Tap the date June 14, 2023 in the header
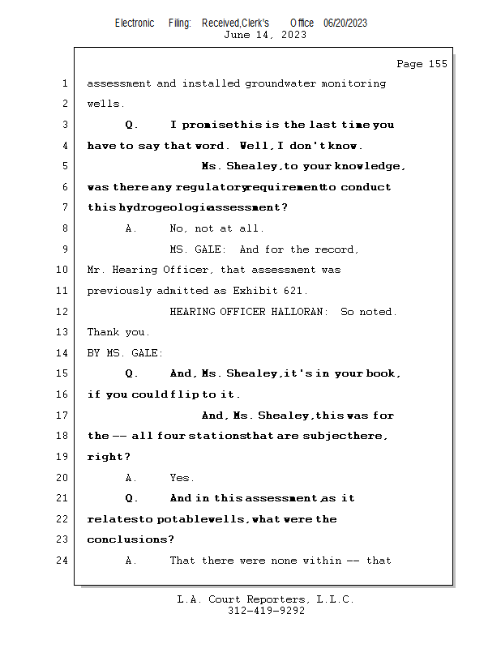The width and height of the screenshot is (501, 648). [x=265, y=35]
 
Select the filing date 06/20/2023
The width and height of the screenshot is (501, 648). [x=345, y=23]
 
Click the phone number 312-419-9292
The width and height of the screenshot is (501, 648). [x=266, y=611]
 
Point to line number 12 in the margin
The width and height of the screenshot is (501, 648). [x=64, y=312]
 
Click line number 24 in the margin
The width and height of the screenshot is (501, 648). [x=64, y=560]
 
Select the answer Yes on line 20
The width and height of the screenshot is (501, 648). [x=182, y=478]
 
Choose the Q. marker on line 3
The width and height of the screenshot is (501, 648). [x=131, y=125]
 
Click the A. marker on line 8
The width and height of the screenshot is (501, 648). [x=131, y=228]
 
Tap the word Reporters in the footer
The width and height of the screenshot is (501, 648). [x=273, y=599]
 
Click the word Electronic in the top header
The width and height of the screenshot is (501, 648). [x=135, y=23]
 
